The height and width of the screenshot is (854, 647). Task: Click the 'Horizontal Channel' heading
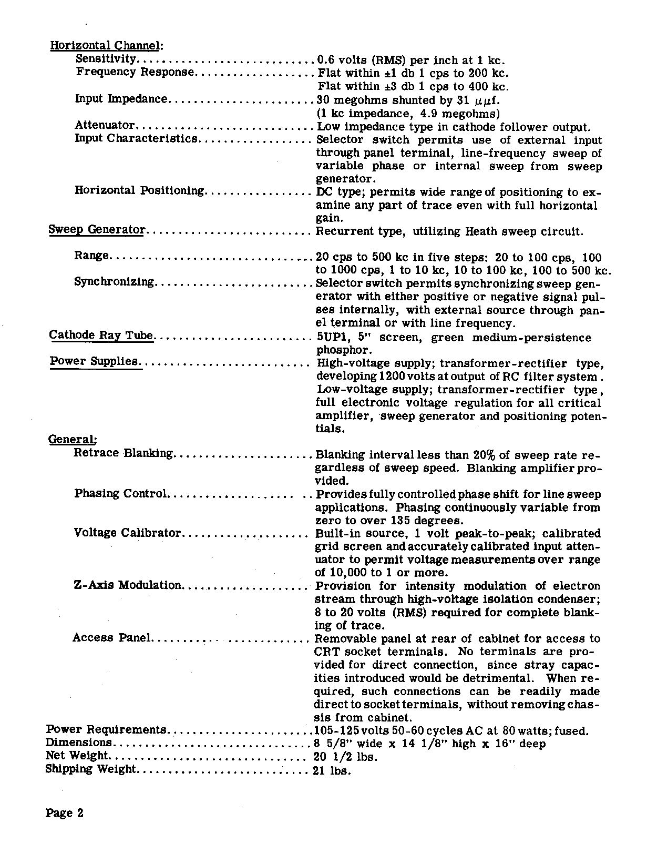coord(106,46)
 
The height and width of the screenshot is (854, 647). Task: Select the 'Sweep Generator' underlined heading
coord(97,230)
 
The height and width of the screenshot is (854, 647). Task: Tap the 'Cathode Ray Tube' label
coord(101,335)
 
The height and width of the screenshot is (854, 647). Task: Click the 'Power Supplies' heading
coord(94,361)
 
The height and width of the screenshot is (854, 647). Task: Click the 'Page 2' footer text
coord(65,813)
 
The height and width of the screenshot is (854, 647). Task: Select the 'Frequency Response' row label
coord(135,72)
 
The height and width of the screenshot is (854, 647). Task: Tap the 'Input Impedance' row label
coord(121,99)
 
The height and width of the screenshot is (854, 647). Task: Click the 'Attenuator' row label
coord(105,125)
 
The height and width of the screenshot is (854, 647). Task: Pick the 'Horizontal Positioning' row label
coord(139,190)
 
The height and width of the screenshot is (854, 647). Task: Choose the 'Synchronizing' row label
coord(114,282)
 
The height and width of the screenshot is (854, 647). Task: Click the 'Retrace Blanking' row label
coord(124,453)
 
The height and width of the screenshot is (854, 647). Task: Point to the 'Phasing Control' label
coord(120,493)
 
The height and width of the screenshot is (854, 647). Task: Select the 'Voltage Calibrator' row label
coord(127,533)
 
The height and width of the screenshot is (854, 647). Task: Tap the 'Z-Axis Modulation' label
coord(128,585)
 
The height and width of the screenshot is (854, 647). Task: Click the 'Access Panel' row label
coord(112,638)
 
